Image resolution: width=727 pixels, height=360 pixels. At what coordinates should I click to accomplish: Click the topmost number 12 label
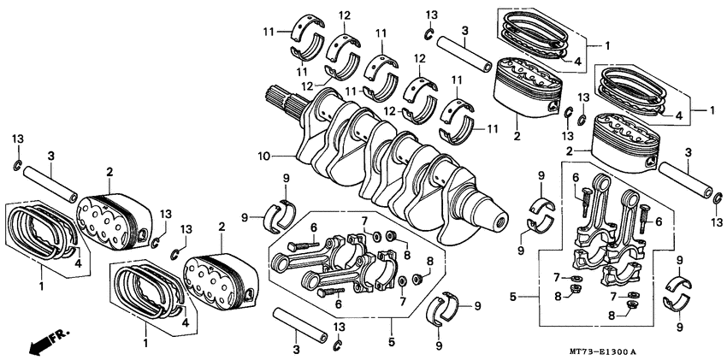point(344,15)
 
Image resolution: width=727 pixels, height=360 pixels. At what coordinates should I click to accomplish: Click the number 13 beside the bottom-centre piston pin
point(340,328)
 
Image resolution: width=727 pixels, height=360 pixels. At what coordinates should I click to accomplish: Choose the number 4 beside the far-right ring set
point(677,115)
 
